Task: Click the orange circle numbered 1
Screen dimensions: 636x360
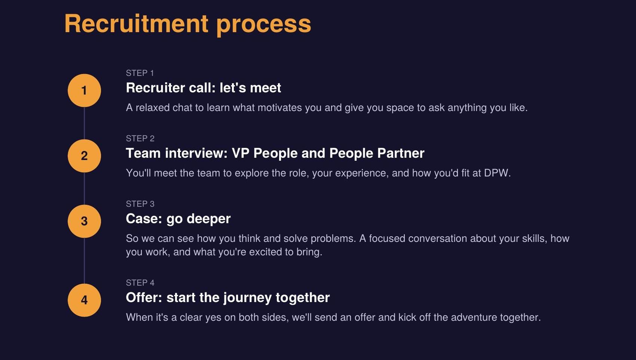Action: coord(84,90)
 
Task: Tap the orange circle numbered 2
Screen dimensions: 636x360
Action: coord(84,156)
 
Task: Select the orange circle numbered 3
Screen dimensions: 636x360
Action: coord(84,221)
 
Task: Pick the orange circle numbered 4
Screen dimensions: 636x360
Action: coord(84,300)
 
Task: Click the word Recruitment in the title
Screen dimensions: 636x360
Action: coord(137,24)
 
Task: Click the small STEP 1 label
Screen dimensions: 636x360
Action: coord(140,73)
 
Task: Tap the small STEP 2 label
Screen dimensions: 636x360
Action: coord(140,138)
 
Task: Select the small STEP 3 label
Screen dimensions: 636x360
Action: coord(140,204)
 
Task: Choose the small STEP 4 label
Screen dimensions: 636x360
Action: coord(140,283)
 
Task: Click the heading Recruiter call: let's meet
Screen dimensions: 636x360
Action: coord(203,87)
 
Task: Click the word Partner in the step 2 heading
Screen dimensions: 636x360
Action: coord(401,153)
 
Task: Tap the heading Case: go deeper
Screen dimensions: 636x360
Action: coord(178,219)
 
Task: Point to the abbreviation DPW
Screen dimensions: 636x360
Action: coord(498,173)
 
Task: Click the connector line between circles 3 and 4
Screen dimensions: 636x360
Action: coord(84,261)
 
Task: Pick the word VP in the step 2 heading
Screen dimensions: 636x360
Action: coord(241,153)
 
